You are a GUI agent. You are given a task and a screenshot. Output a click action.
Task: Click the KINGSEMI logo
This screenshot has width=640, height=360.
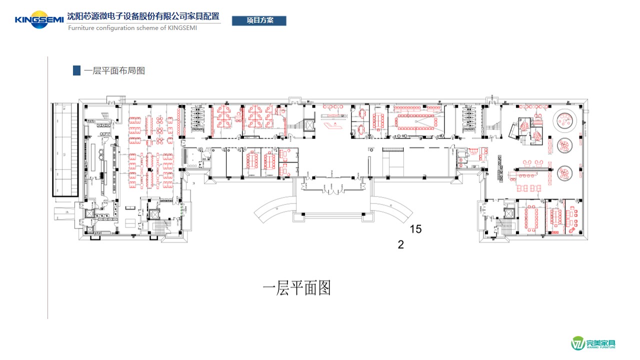[x=39, y=20]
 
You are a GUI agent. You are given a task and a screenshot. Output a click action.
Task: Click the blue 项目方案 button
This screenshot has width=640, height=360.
[x=259, y=20]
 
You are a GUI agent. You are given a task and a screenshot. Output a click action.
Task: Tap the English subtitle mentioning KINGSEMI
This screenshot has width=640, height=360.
[x=132, y=28]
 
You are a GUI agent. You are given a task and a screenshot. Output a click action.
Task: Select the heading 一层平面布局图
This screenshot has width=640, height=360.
[x=114, y=70]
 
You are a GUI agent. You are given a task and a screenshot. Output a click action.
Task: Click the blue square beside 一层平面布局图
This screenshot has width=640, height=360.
[x=76, y=70]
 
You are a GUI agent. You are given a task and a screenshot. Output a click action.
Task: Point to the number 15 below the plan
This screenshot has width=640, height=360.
[x=415, y=229]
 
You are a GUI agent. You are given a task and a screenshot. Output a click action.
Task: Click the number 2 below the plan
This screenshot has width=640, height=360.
[x=400, y=244]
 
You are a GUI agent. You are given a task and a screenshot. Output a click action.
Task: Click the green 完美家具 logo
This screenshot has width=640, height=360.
[x=593, y=343]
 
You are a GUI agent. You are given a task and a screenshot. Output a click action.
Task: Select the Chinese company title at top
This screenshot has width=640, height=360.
[x=143, y=16]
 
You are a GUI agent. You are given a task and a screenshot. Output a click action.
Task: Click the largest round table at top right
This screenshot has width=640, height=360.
[x=565, y=119]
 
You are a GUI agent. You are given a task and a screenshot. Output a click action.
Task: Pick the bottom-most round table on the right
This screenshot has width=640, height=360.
[x=565, y=173]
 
